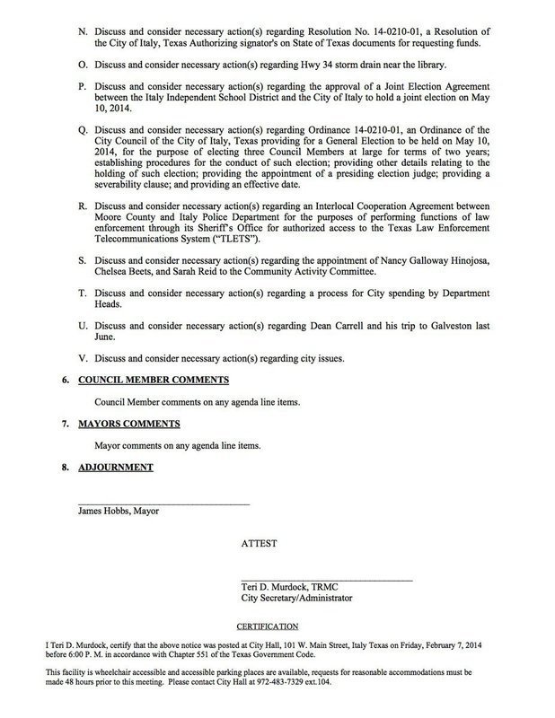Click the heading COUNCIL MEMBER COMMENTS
(x=154, y=381)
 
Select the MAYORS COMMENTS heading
(x=129, y=424)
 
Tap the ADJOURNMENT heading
(x=116, y=467)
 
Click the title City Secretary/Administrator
(x=296, y=597)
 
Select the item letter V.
(x=84, y=359)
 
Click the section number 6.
(x=66, y=381)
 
